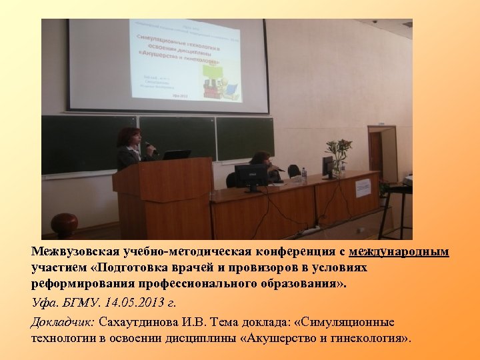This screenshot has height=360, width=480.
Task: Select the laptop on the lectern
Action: pos(177,155)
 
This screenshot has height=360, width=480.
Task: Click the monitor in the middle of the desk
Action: pos(250,176)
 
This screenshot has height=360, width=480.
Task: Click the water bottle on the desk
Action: pos(304,175)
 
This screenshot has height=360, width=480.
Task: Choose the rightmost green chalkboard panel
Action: pos(245,138)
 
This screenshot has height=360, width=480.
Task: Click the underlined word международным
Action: pos(399,252)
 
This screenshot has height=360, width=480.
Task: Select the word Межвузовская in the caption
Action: pos(75,252)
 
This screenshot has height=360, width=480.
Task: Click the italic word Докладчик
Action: pos(63,322)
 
